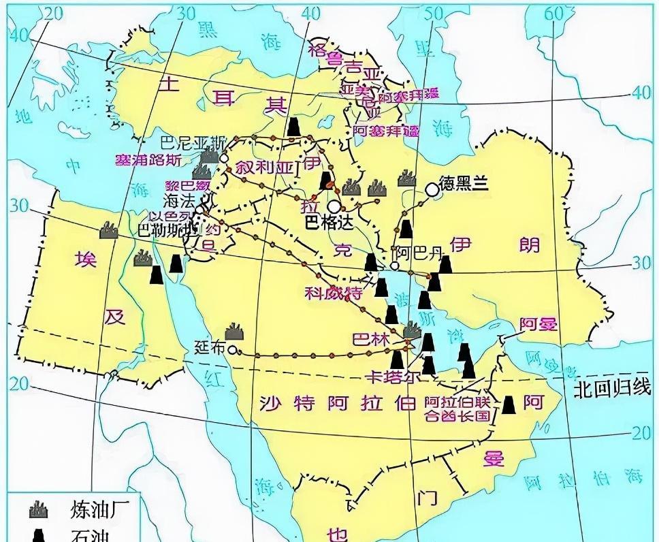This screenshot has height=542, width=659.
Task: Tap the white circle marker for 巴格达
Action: [x=334, y=206]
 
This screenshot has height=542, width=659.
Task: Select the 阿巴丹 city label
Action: [x=418, y=254]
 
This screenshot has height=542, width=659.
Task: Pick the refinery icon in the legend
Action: [x=39, y=508]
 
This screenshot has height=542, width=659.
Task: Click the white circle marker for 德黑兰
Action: [x=431, y=189]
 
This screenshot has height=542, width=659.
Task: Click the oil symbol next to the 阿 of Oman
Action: [x=509, y=404]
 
